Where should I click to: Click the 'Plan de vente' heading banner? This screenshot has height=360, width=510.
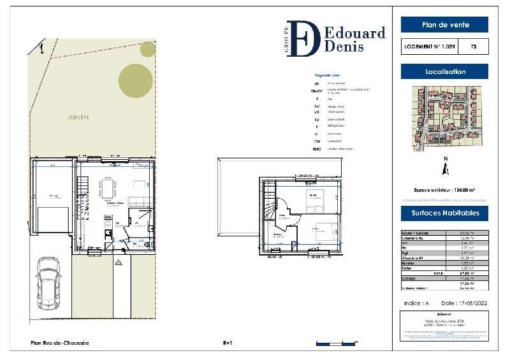coord(444,25)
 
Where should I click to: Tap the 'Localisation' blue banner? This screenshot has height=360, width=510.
coord(444,72)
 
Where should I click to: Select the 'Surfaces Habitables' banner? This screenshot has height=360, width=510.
coord(444,213)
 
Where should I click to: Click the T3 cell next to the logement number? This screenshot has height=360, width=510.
coord(473,47)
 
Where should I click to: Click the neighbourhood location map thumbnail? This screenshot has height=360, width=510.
coord(444,119)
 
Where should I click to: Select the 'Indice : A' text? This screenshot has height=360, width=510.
coord(418,303)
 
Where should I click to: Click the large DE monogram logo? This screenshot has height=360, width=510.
coord(302,39)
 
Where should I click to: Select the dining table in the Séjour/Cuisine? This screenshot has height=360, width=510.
coord(108,188)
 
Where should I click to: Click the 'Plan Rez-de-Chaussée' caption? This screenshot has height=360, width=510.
coord(60,343)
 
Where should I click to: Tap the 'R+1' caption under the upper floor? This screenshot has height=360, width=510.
coord(227,343)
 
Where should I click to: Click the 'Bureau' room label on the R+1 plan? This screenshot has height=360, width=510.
coord(279,234)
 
